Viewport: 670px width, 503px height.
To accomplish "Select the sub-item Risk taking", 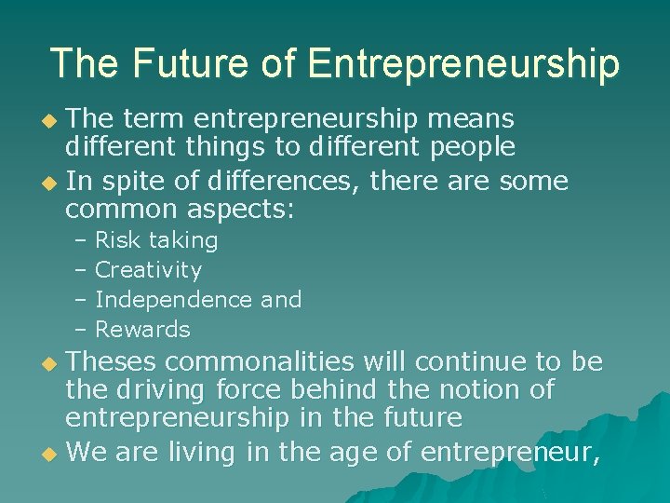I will pyautogui.click(x=156, y=240).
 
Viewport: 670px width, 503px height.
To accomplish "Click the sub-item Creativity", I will pyautogui.click(x=148, y=270).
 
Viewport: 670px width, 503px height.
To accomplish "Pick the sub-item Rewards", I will pyautogui.click(x=142, y=330).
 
